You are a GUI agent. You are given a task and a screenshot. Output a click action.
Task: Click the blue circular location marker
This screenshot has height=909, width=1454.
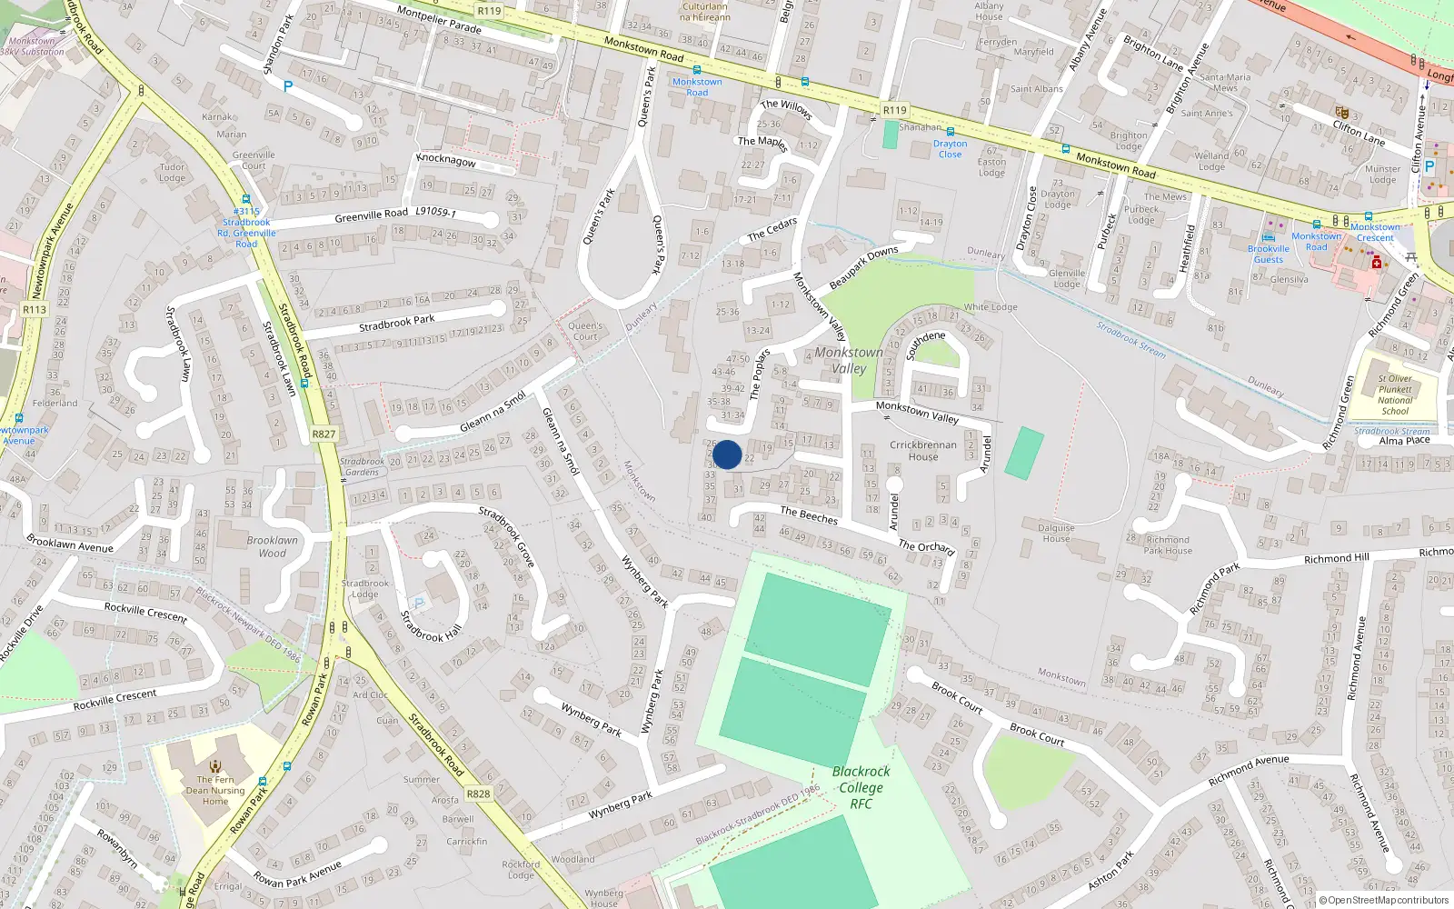tap(727, 454)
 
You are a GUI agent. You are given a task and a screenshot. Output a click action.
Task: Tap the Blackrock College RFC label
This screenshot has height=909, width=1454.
tap(861, 787)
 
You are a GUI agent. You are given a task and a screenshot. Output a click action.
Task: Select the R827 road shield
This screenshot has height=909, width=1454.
tap(324, 435)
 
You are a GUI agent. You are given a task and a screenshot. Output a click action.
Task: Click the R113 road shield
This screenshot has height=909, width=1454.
tap(35, 310)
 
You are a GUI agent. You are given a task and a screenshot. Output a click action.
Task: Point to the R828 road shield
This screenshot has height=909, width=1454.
tap(478, 794)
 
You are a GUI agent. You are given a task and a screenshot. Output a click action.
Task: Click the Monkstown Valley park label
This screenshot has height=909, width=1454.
tap(849, 360)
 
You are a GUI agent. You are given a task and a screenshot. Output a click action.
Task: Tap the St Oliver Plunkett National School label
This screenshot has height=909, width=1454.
tap(1395, 395)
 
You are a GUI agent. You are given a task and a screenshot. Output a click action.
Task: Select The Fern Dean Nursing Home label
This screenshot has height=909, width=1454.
tap(215, 790)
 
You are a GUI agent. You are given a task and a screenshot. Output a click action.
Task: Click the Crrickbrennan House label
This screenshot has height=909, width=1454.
tap(922, 451)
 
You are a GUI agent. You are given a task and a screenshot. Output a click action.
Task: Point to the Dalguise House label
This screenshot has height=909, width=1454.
tap(1056, 533)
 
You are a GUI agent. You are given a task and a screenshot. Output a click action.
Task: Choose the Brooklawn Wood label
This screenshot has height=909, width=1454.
tap(272, 546)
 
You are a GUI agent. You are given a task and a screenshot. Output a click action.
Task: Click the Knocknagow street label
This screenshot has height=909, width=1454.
tap(446, 160)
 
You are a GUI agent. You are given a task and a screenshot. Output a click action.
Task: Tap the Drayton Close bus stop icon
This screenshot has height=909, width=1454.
tap(951, 132)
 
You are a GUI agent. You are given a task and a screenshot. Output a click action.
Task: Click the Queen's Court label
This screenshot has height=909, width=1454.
tap(585, 331)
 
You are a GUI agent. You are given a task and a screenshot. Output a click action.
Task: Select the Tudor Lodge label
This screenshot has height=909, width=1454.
tap(172, 173)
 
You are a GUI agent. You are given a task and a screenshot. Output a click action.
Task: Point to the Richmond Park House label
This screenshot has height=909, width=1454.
tap(1168, 544)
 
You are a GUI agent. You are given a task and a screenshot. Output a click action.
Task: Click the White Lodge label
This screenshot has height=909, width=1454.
tap(991, 307)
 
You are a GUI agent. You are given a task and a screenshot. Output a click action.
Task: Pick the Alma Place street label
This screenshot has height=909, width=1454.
tap(1404, 441)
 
